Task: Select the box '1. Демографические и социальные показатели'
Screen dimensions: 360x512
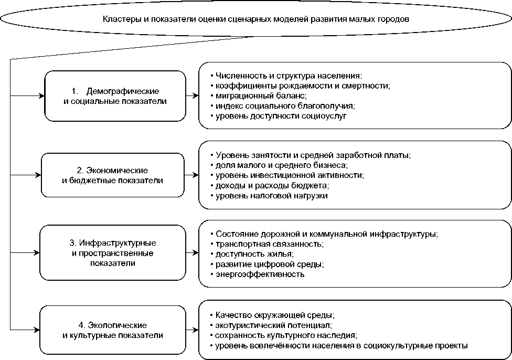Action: coord(115,96)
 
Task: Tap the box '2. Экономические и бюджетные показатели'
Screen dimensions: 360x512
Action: coord(113,175)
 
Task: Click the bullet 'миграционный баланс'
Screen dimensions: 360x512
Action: coord(261,96)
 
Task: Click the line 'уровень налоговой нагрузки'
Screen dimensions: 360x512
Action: coord(272,196)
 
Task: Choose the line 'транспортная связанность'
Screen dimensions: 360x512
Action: coord(269,244)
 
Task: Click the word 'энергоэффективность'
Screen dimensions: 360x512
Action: coord(260,274)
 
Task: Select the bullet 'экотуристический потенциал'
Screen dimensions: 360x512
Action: coord(273,325)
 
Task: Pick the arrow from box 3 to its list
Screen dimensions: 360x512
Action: coord(192,253)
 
